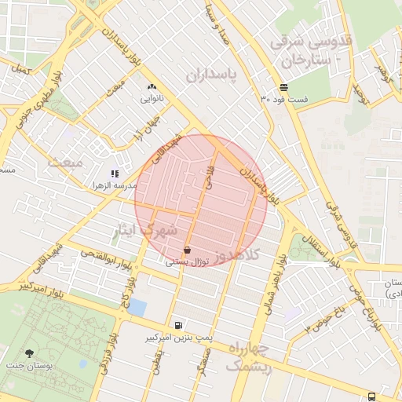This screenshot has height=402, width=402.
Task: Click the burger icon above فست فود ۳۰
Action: tap(283, 87)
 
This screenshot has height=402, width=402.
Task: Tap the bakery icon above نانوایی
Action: tap(151, 87)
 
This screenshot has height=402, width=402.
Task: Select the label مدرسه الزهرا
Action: tap(115, 185)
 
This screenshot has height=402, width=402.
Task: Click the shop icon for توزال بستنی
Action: tap(186, 250)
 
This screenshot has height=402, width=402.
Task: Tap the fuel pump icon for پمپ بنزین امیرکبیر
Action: tap(180, 324)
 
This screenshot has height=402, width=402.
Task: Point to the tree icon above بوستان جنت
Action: tap(31, 354)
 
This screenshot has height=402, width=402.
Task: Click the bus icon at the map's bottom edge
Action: tap(371, 397)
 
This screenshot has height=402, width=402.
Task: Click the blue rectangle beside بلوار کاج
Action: tap(137, 307)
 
